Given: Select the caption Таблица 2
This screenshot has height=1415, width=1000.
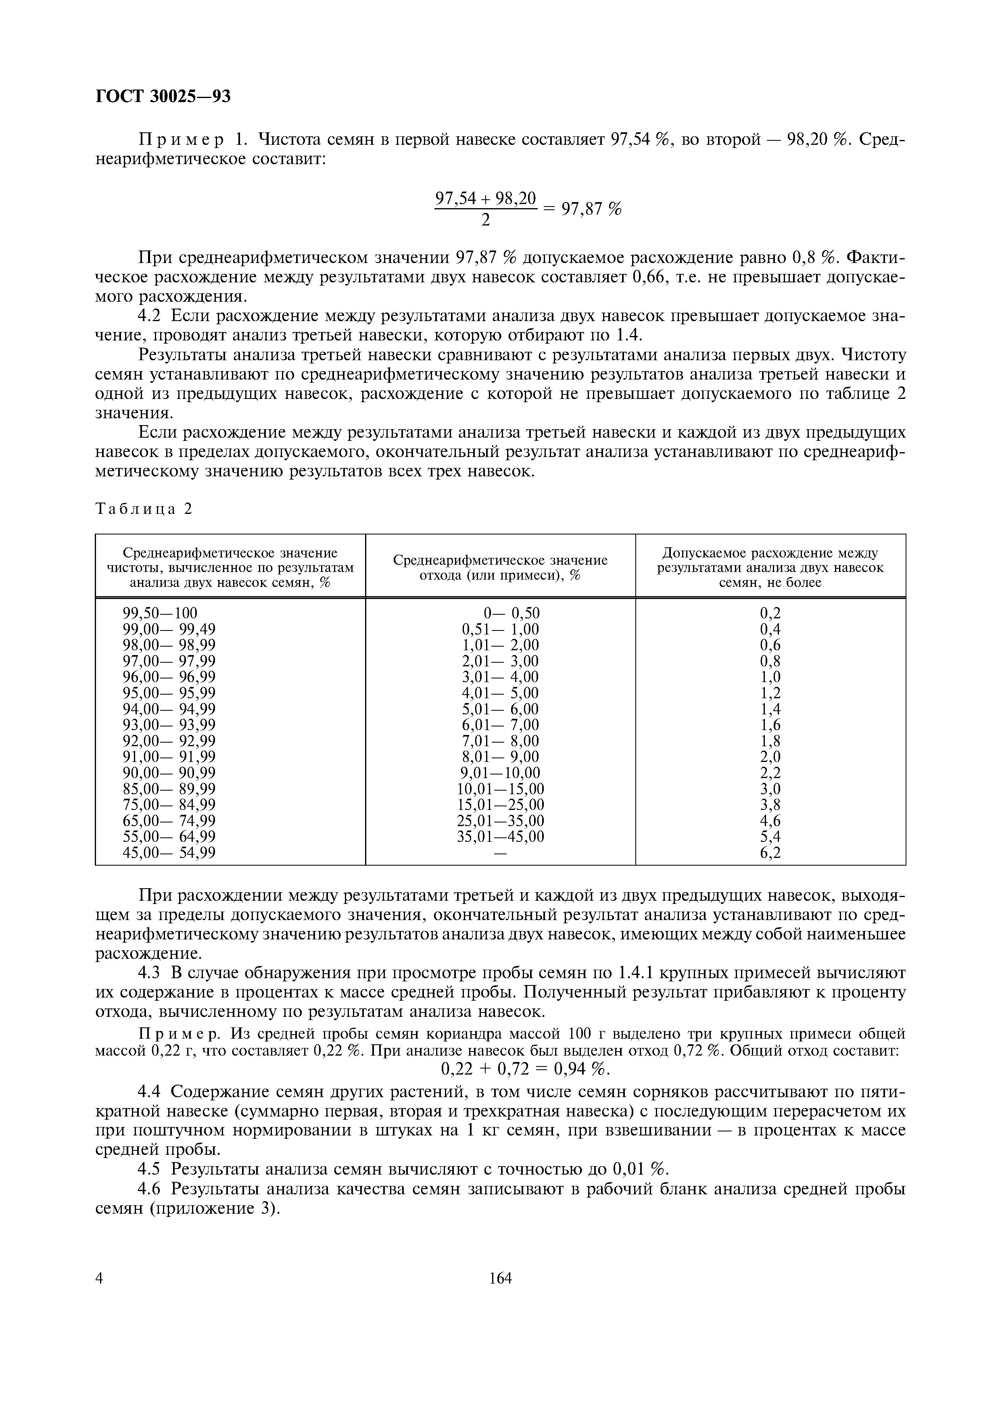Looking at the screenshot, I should pyautogui.click(x=144, y=508).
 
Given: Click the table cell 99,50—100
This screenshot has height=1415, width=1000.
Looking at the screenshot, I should pyautogui.click(x=160, y=613).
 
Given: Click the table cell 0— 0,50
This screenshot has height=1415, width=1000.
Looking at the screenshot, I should pyautogui.click(x=511, y=613).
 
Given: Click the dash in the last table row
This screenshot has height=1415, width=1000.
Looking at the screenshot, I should pyautogui.click(x=500, y=854).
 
